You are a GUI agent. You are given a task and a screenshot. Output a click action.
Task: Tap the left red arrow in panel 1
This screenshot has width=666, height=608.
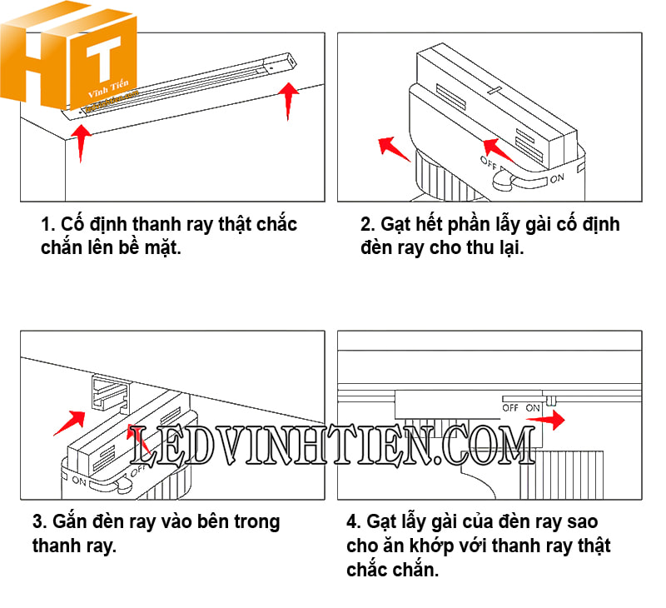[x=81, y=142]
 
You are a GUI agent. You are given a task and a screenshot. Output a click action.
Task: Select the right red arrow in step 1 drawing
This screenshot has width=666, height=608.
[x=289, y=100]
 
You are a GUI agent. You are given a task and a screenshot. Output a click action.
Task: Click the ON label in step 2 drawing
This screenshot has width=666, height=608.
[x=557, y=178]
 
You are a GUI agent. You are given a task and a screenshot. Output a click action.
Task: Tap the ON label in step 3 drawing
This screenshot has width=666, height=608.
[x=80, y=481]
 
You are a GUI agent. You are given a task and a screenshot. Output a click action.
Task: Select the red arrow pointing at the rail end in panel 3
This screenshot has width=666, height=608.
[x=70, y=421]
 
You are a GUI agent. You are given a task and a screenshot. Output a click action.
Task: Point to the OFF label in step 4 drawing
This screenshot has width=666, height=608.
[x=511, y=408]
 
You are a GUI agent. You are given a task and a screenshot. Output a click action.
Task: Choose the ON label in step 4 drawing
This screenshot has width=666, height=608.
[x=533, y=408]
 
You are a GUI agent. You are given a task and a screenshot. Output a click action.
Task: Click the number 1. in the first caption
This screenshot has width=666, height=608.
[x=49, y=225]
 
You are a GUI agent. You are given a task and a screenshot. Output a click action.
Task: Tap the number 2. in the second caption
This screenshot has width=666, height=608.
[x=369, y=225]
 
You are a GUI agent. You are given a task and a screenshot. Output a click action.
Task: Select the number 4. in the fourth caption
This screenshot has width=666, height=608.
[x=355, y=522]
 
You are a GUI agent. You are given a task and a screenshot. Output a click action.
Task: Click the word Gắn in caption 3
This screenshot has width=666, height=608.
[x=71, y=522]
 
